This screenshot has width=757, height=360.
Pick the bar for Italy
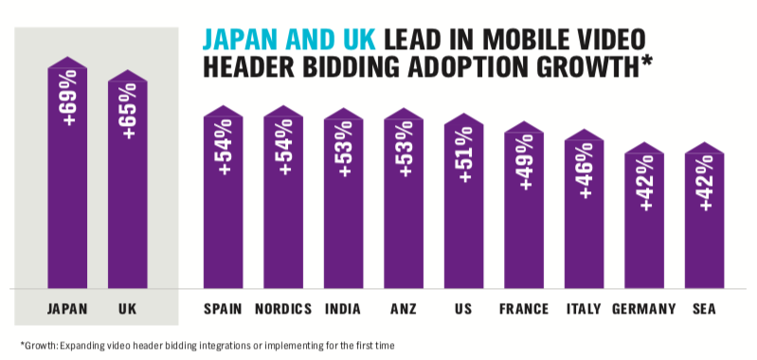pyautogui.click(x=584, y=213)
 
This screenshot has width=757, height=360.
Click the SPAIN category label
pyautogui.click(x=224, y=309)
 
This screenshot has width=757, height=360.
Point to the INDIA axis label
pyautogui.click(x=343, y=309)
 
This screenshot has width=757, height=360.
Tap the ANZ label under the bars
pyautogui.click(x=404, y=309)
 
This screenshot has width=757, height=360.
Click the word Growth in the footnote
pyautogui.click(x=38, y=346)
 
